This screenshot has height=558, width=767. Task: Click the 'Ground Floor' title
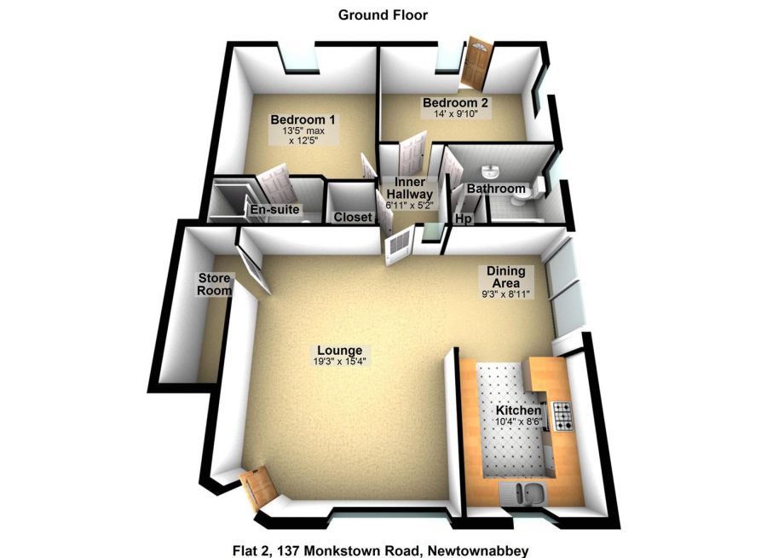point(383,15)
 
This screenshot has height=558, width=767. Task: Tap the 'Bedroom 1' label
point(303,119)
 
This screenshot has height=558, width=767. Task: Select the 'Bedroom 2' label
point(455,103)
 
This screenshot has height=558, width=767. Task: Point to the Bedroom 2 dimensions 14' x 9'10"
point(456,113)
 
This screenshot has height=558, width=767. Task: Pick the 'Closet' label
point(353,218)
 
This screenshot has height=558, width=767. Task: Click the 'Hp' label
point(464,219)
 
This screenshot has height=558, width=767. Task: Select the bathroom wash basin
point(491,171)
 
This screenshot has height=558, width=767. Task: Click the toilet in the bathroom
point(522,197)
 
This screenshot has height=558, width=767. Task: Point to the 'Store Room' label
point(215,284)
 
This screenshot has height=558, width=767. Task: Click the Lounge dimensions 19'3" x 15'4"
point(340,362)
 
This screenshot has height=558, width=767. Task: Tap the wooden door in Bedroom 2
point(474,64)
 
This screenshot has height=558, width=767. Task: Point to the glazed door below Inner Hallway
point(398,248)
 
